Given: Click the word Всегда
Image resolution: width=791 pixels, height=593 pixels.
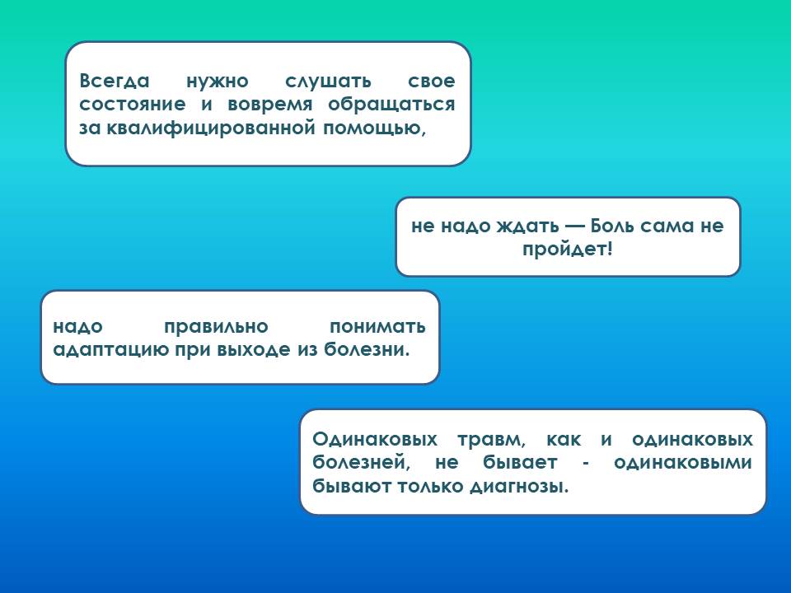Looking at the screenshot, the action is coord(115,81).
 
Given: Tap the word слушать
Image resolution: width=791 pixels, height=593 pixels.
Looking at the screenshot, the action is coord(328,82).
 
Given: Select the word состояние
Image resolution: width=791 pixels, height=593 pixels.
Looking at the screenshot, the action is coord(132,105).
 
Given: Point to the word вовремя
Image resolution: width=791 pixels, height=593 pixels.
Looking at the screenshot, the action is coord(270,105).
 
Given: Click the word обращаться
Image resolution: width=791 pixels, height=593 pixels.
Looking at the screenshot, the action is coord(391,105).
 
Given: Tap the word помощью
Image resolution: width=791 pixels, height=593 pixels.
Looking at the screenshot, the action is coord(374,129).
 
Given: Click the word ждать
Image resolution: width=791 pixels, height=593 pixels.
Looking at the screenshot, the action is coord(527,226).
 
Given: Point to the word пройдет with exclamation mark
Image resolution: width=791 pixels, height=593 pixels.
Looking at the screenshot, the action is coord(567,249).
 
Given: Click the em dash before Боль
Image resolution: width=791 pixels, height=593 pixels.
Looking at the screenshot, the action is coord(574,226).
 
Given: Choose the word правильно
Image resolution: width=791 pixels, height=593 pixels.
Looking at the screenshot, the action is coord(216,327).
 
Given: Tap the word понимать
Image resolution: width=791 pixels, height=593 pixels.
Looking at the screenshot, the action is coord(377,327).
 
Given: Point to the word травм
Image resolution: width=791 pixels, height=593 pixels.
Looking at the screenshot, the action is coord(491,440).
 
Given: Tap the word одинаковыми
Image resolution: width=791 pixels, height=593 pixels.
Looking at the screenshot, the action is coord(683,463).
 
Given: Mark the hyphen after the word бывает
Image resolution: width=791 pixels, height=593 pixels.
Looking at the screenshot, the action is coord(586,464).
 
